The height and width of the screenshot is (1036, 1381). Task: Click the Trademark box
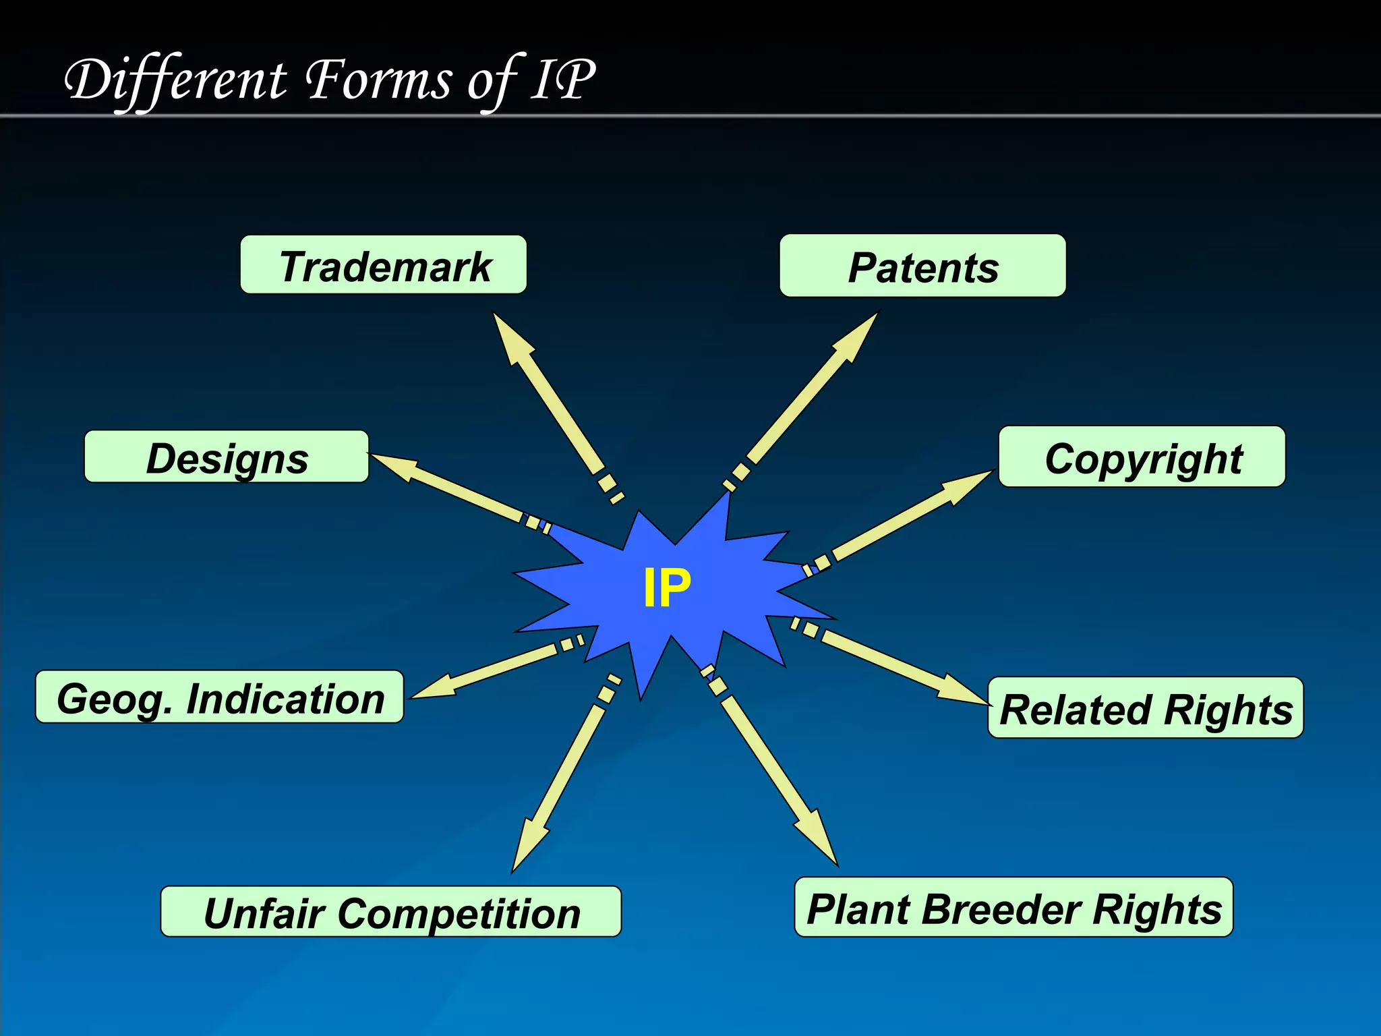pos(383,265)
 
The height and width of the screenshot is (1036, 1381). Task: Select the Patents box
pos(922,266)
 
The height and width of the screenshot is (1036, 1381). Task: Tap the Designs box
pos(227,457)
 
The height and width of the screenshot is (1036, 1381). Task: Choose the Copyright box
pos(1142,457)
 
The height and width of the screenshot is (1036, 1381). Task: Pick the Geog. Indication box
pos(220,697)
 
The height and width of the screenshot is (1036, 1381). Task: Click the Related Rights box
pos(1145,708)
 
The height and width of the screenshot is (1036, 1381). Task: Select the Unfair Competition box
pos(391,912)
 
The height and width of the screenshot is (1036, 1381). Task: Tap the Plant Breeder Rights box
pos(1013,908)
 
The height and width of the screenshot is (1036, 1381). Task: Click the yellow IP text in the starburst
pos(667,588)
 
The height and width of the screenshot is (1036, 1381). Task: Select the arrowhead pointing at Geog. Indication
pos(434,687)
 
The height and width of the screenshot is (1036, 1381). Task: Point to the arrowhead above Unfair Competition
pos(526,846)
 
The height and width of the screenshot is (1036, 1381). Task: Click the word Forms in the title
pos(378,80)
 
